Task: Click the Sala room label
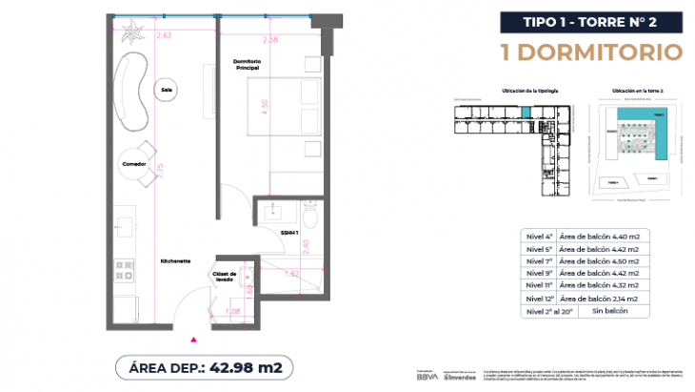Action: point(167,92)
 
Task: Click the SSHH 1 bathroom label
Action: point(289,232)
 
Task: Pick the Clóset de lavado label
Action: point(225,278)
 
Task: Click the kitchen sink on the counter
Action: point(123,226)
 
